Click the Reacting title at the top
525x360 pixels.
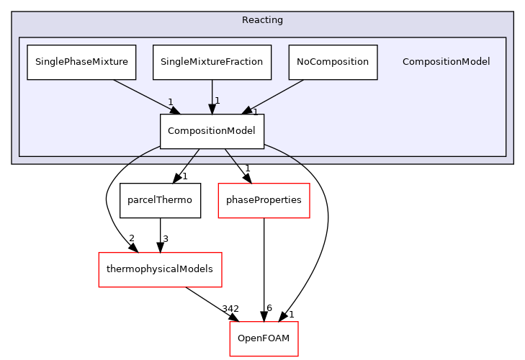pos(262,20)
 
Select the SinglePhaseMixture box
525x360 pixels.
pos(81,62)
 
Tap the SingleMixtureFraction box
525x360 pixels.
pos(212,62)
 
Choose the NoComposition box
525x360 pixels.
pos(333,62)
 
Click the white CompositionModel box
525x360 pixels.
pos(212,131)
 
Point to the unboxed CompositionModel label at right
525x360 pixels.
pos(446,62)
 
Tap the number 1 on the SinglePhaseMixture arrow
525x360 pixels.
pos(171,102)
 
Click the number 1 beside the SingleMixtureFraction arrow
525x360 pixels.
pos(217,101)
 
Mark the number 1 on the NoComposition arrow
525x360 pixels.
pos(255,112)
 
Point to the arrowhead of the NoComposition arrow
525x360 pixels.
pos(247,110)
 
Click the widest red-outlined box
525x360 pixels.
pos(160,270)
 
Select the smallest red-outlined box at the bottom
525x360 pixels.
pos(264,338)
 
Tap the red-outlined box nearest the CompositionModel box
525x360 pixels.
pos(264,200)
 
